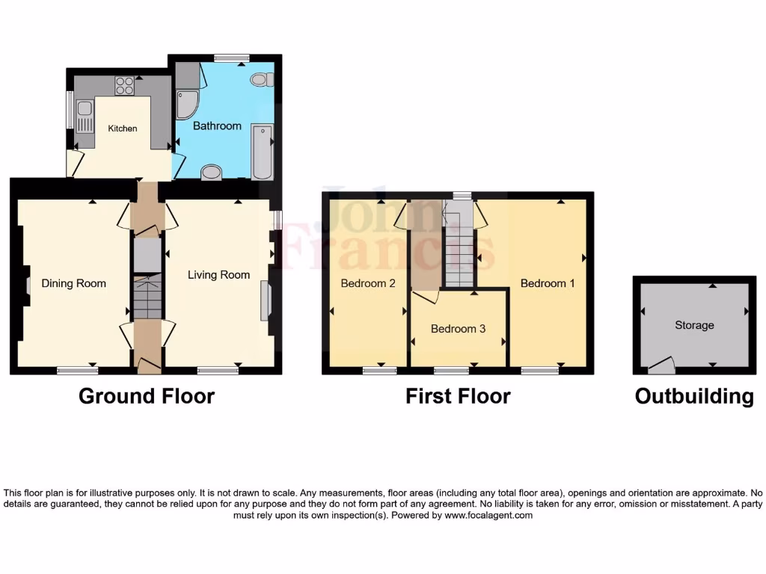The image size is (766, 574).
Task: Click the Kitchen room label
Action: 123,129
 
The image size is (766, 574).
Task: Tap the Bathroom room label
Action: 217,126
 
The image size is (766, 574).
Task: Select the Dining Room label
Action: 73,283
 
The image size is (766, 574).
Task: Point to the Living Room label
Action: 218,275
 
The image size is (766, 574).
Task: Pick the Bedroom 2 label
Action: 368,283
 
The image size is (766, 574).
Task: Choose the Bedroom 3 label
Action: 458,329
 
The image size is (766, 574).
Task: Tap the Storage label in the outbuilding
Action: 694,325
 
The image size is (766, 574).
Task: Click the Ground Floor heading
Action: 147,396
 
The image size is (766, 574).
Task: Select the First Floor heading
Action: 458,396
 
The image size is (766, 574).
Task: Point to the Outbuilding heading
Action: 694,396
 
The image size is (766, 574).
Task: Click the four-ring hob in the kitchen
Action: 124,86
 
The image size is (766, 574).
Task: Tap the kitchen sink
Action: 85,116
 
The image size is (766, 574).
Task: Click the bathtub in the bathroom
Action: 262,152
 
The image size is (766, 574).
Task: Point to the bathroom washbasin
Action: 212,173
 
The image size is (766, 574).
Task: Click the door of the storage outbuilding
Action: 661,365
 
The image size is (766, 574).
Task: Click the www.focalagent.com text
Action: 488,515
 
